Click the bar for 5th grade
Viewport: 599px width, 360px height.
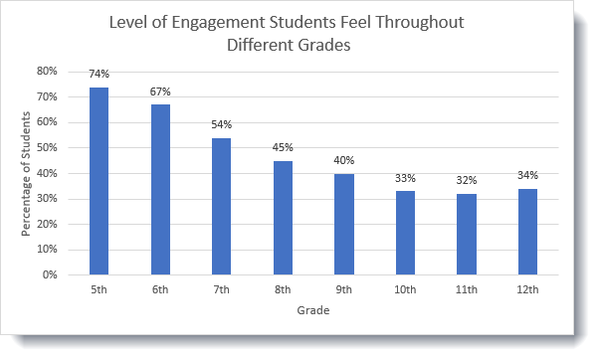tap(99, 180)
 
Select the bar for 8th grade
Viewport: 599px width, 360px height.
tap(283, 217)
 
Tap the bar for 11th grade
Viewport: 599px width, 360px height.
tap(467, 234)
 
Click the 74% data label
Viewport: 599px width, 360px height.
tap(99, 75)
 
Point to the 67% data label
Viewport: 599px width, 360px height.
tap(160, 92)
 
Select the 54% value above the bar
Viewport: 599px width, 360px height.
tap(221, 125)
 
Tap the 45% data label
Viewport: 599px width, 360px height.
tap(283, 148)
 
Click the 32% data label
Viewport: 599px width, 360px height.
tap(467, 181)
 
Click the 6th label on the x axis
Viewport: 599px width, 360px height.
tap(160, 290)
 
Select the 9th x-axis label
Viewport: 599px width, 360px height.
tap(344, 290)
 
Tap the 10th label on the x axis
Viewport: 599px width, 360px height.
tap(405, 290)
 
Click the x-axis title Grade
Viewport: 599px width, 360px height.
tap(312, 310)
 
